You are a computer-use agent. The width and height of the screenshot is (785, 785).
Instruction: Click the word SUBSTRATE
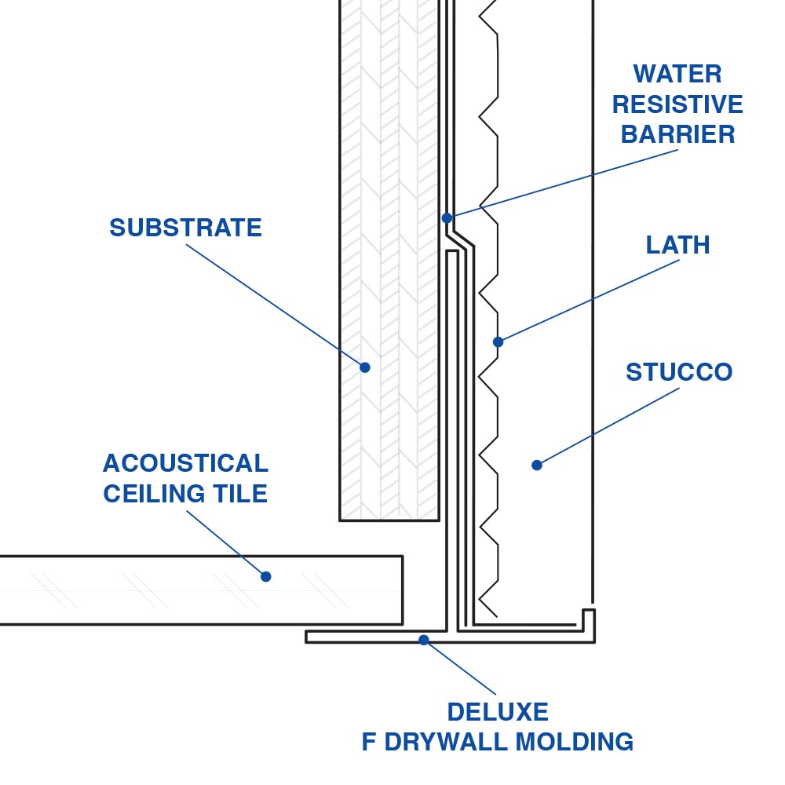pos(185,228)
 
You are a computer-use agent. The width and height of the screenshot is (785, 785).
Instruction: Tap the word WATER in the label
pos(677,75)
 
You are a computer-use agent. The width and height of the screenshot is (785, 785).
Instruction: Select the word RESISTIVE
pos(677,104)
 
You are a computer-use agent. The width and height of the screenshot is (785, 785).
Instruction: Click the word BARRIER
pos(677,134)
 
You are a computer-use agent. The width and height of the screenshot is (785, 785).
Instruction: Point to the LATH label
pos(677,245)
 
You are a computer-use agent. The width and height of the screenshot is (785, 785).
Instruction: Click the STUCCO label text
pos(679,372)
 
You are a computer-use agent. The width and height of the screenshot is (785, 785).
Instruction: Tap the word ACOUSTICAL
pos(185,463)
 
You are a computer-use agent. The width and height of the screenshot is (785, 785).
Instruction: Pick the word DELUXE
pos(498,712)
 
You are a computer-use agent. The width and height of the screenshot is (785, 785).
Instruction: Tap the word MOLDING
pos(577,742)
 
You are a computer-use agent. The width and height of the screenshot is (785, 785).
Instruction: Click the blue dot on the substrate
pos(365,367)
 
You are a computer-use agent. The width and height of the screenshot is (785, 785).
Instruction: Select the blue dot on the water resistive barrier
pos(447,217)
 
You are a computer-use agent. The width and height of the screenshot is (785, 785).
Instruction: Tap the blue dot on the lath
pos(498,341)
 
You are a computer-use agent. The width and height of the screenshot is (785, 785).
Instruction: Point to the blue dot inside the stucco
pos(537,465)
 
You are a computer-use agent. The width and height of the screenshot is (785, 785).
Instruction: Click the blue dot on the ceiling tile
pos(265,576)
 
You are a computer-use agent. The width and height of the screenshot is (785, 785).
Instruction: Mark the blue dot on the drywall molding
pos(424,640)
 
